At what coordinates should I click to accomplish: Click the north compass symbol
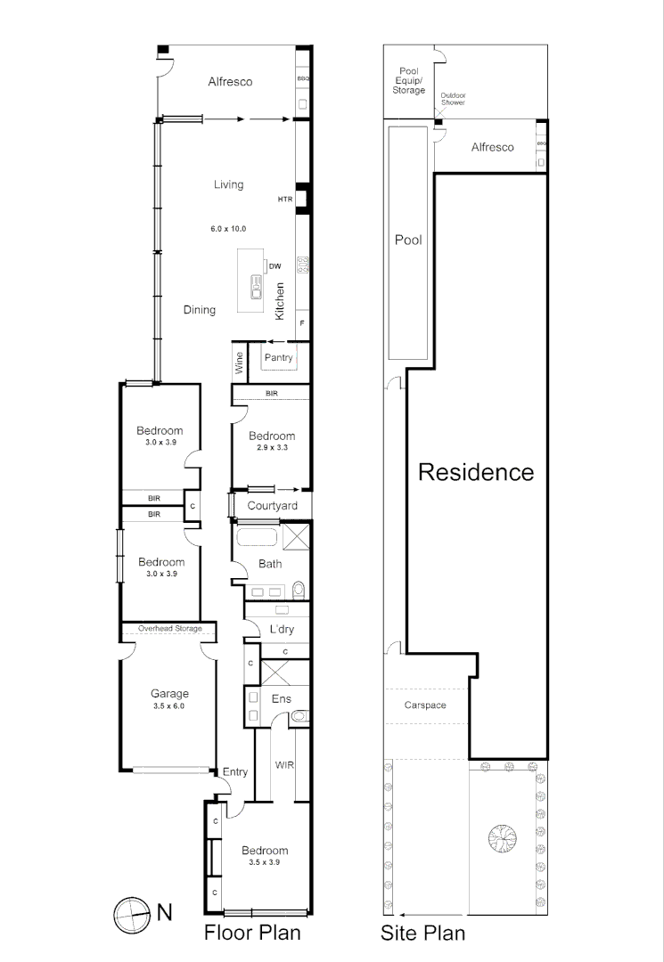[x=129, y=912]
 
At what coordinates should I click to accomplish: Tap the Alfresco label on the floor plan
[x=230, y=82]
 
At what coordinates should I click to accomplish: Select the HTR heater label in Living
[x=285, y=199]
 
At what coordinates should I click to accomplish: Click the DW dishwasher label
[x=275, y=265]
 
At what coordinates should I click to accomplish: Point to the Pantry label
[x=278, y=358]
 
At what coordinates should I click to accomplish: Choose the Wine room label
[x=239, y=362]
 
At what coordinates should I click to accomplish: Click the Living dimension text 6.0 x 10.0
[x=228, y=229]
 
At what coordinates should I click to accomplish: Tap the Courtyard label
[x=272, y=506]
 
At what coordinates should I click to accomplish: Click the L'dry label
[x=282, y=631]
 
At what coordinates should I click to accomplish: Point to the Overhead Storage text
[x=169, y=629]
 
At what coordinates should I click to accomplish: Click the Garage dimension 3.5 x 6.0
[x=169, y=706]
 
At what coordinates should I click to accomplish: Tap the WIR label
[x=285, y=765]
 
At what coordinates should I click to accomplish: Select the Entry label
[x=235, y=772]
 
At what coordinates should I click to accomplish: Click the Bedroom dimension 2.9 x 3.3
[x=271, y=449]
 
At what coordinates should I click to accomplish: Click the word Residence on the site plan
[x=476, y=472]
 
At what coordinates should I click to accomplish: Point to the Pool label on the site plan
[x=408, y=240]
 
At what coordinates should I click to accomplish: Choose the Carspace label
[x=425, y=705]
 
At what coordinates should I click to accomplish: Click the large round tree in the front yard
[x=502, y=837]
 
